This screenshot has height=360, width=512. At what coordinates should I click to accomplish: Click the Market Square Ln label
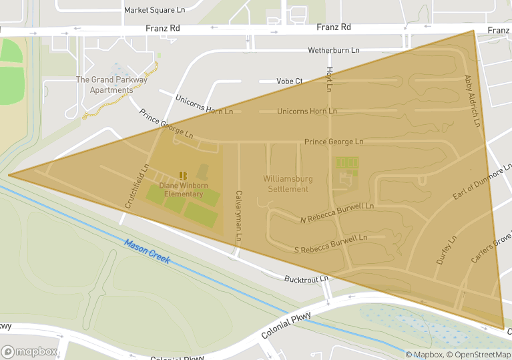point(154,11)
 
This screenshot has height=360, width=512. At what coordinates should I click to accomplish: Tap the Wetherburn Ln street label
point(333,51)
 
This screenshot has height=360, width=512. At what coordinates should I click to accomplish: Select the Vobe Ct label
point(290,81)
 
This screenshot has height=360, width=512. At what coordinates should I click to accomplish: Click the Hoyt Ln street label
point(329,79)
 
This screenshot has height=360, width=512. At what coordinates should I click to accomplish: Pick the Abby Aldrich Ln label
point(472,101)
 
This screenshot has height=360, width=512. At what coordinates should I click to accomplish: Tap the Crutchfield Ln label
point(136,188)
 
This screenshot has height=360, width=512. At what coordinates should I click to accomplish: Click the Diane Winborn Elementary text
point(181,190)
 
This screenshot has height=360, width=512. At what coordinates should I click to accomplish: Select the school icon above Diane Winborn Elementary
point(182,176)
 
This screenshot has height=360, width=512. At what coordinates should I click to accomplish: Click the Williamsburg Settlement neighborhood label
point(286,184)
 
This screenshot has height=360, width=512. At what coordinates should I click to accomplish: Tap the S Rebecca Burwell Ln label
point(331,243)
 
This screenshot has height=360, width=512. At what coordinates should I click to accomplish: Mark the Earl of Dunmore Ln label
point(481,183)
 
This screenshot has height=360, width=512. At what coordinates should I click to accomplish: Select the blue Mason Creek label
point(147,251)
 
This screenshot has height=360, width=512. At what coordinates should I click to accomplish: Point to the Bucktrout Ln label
point(306,279)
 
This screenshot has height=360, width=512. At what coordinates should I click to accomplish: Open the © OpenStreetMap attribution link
point(478,355)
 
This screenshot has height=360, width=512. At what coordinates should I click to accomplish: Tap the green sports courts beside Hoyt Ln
point(346,163)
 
